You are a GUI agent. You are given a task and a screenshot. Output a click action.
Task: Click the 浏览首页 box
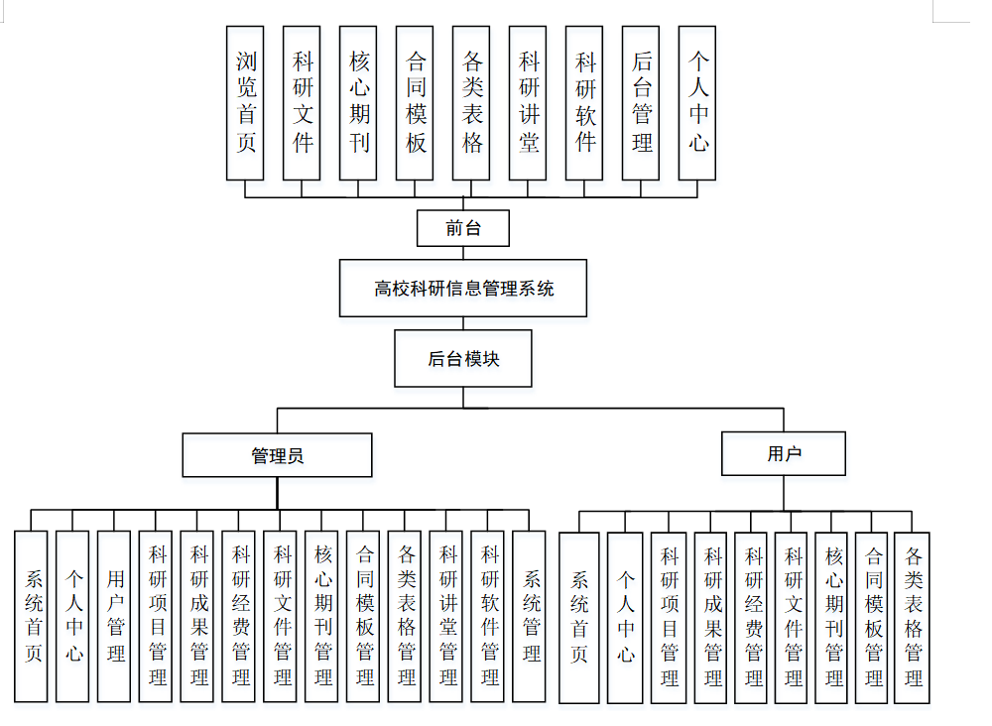click(x=245, y=103)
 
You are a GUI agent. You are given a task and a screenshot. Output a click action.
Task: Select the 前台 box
click(x=463, y=228)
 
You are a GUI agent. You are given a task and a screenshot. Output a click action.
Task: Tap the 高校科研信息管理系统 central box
click(x=463, y=289)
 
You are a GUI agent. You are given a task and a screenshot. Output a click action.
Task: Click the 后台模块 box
click(x=463, y=359)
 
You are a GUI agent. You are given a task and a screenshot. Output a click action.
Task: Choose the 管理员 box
click(x=277, y=455)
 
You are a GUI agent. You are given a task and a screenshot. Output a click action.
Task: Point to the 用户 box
click(x=784, y=454)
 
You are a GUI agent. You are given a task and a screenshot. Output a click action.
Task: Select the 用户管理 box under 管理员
click(x=115, y=617)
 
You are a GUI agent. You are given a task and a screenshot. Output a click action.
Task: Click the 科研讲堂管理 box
click(x=448, y=617)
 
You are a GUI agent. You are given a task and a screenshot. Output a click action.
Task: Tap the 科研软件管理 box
click(x=489, y=617)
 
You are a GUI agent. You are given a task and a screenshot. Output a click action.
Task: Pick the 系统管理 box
click(x=531, y=617)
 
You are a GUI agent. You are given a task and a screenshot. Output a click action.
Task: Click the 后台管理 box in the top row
click(x=641, y=103)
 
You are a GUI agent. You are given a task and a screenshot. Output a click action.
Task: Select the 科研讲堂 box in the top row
click(x=528, y=103)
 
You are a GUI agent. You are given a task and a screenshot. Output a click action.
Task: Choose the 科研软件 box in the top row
click(x=584, y=103)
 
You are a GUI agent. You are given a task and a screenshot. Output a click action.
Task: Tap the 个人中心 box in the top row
click(x=697, y=103)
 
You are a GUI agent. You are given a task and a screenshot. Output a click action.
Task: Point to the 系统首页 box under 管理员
click(x=32, y=617)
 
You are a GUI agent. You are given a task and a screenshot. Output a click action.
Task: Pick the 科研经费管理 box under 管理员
click(x=240, y=617)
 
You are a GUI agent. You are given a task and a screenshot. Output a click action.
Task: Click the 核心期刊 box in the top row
click(x=358, y=103)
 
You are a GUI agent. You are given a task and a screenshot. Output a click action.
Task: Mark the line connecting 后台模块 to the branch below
click(x=463, y=397)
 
